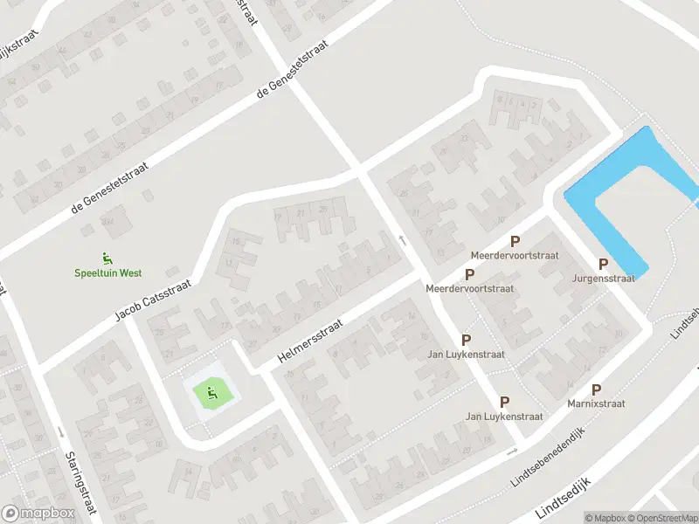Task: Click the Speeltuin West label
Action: point(107,272)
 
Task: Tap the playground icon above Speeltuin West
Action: point(107,258)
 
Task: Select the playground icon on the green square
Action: point(211,394)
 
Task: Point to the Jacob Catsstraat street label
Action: point(153,293)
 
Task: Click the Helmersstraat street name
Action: point(310,341)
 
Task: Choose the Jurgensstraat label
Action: point(603,279)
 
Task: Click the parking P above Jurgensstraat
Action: point(603,264)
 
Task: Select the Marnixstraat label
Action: point(596,404)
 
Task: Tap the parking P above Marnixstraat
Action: point(596,390)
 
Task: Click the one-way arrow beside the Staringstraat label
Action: point(59,432)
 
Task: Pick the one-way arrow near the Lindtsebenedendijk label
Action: point(513,452)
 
